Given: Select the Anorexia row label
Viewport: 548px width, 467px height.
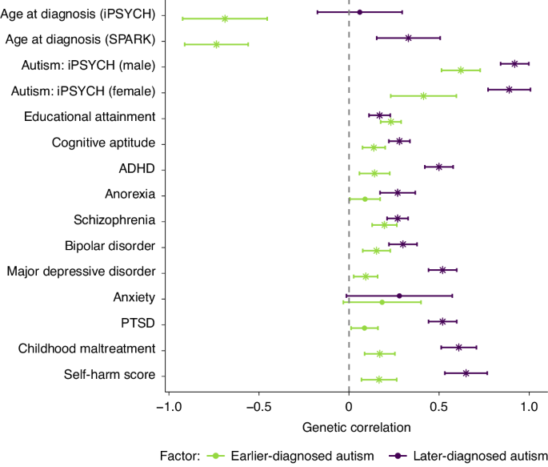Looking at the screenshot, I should click(130, 195).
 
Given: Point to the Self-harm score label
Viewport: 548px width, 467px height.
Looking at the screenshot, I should click(110, 375).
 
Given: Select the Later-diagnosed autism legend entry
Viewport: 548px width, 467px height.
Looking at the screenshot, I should click(470, 456).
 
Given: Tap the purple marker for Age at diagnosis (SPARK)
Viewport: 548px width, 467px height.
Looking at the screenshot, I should click(409, 38).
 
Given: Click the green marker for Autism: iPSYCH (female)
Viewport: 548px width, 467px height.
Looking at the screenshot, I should click(423, 95).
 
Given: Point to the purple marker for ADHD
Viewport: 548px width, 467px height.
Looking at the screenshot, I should click(439, 167).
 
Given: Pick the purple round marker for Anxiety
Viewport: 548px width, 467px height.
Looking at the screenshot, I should click(399, 296).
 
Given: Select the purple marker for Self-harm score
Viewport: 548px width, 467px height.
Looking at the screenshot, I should click(466, 372).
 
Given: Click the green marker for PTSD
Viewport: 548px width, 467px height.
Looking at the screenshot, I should click(364, 328).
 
